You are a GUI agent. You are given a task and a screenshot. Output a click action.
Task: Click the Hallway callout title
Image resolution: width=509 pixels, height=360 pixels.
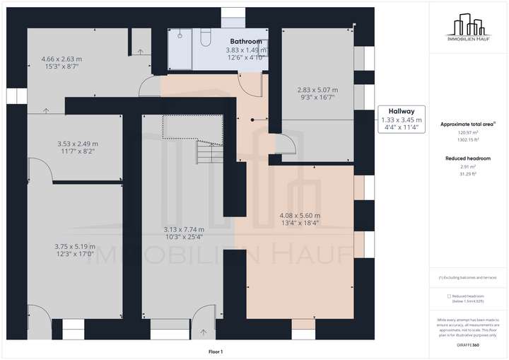pos(401,112)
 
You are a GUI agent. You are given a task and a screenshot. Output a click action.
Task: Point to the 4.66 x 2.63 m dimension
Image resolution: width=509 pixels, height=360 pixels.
pos(61,59)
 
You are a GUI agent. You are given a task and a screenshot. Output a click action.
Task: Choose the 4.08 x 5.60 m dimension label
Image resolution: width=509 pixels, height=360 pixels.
pos(300,216)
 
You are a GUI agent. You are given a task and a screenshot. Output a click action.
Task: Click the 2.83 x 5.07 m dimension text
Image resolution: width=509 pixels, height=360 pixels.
pos(317,90)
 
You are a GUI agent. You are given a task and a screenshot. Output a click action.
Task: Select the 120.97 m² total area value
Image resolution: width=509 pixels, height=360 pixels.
pos(468,132)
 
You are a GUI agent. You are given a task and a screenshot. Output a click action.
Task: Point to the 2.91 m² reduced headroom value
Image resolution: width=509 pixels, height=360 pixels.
pos(468,167)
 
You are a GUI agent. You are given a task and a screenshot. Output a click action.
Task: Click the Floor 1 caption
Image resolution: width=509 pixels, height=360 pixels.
pos(216,352)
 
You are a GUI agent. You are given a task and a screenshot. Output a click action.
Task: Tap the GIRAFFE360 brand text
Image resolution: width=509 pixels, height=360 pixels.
pos(468,344)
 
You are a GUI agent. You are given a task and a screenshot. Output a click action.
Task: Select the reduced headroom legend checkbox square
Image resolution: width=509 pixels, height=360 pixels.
pos(449,296)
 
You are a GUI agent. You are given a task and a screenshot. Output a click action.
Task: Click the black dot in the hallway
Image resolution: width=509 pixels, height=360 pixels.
pos(252,120)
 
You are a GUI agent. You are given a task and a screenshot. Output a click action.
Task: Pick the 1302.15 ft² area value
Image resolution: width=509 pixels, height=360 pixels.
pos(468,140)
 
